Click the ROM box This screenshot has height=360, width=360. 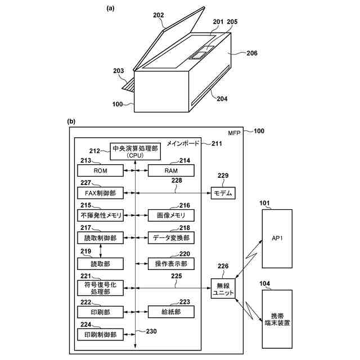[x=100, y=170]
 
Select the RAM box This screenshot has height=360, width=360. [x=171, y=170]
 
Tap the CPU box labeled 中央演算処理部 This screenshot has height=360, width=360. [x=135, y=151]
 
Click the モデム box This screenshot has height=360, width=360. [x=223, y=193]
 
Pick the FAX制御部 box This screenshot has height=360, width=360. [x=100, y=193]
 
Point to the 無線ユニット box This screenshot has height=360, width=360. [x=223, y=289]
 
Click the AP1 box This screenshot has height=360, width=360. [x=277, y=238]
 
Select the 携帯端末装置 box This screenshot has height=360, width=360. [x=277, y=319]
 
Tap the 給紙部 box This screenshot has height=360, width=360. [x=171, y=312]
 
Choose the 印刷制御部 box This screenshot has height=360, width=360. [x=100, y=335]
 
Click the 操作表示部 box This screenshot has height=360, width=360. [x=171, y=264]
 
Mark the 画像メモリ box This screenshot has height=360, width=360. [x=171, y=215]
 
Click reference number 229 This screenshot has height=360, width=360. [x=223, y=175]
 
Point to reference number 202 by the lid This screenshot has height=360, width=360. [x=159, y=15]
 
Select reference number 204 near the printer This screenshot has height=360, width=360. [x=222, y=99]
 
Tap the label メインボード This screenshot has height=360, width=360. [x=183, y=143]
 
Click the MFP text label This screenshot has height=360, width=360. [x=234, y=133]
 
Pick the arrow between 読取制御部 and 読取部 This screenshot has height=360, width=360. [x=100, y=251]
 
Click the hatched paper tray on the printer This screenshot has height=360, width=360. [x=128, y=87]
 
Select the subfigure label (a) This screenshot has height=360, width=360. [x=110, y=8]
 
